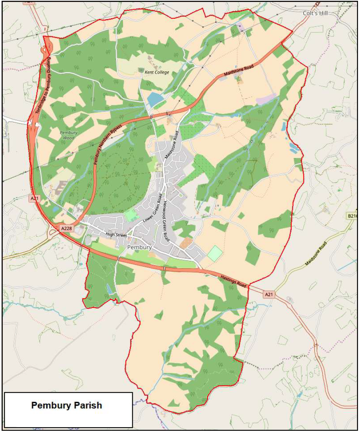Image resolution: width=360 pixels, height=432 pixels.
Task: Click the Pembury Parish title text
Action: (66, 405)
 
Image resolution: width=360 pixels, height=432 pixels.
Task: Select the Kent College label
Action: (157, 72)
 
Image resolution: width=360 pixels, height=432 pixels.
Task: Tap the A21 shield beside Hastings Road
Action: (269, 294)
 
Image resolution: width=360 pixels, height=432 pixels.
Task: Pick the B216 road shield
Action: (352, 216)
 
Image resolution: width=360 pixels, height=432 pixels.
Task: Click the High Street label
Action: (116, 235)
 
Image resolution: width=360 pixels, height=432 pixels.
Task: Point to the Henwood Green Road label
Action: (165, 220)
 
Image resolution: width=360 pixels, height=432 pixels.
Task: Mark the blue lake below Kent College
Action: (155, 99)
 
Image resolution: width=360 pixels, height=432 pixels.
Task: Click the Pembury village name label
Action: (139, 248)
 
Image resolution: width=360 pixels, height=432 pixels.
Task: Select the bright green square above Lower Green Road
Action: (131, 215)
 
